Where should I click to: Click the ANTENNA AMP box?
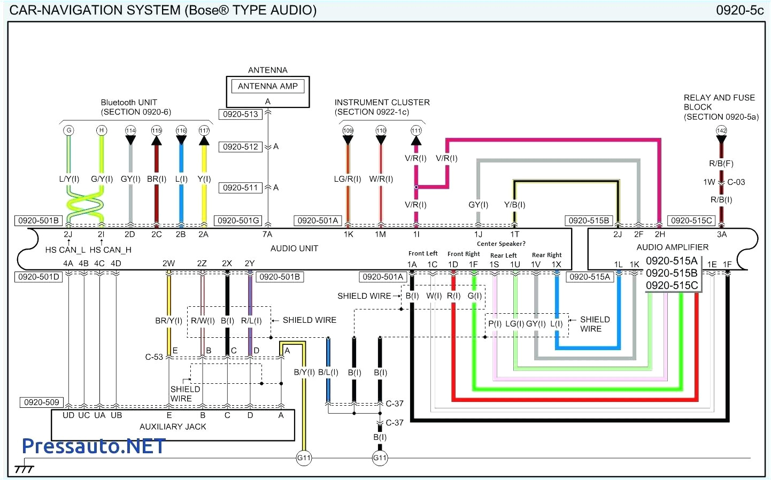(267, 86)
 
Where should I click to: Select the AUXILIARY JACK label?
(172, 427)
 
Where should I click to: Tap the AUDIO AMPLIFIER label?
(672, 247)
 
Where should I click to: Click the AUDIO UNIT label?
(294, 249)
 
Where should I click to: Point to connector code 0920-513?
(241, 114)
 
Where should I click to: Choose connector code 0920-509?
(42, 402)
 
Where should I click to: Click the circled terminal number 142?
(721, 130)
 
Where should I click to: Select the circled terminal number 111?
(416, 130)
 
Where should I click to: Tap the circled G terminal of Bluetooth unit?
(68, 130)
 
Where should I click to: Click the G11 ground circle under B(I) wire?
(380, 458)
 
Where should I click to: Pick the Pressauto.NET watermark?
(94, 446)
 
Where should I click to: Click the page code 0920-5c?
(739, 10)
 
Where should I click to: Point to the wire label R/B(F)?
(721, 164)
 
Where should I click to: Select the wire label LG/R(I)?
(348, 179)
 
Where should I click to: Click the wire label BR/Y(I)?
(168, 321)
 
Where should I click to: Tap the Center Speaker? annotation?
(501, 244)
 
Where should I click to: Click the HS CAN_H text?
(110, 250)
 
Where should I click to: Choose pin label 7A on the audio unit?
(267, 234)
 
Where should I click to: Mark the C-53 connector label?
(154, 357)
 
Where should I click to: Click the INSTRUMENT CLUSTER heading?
(382, 102)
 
